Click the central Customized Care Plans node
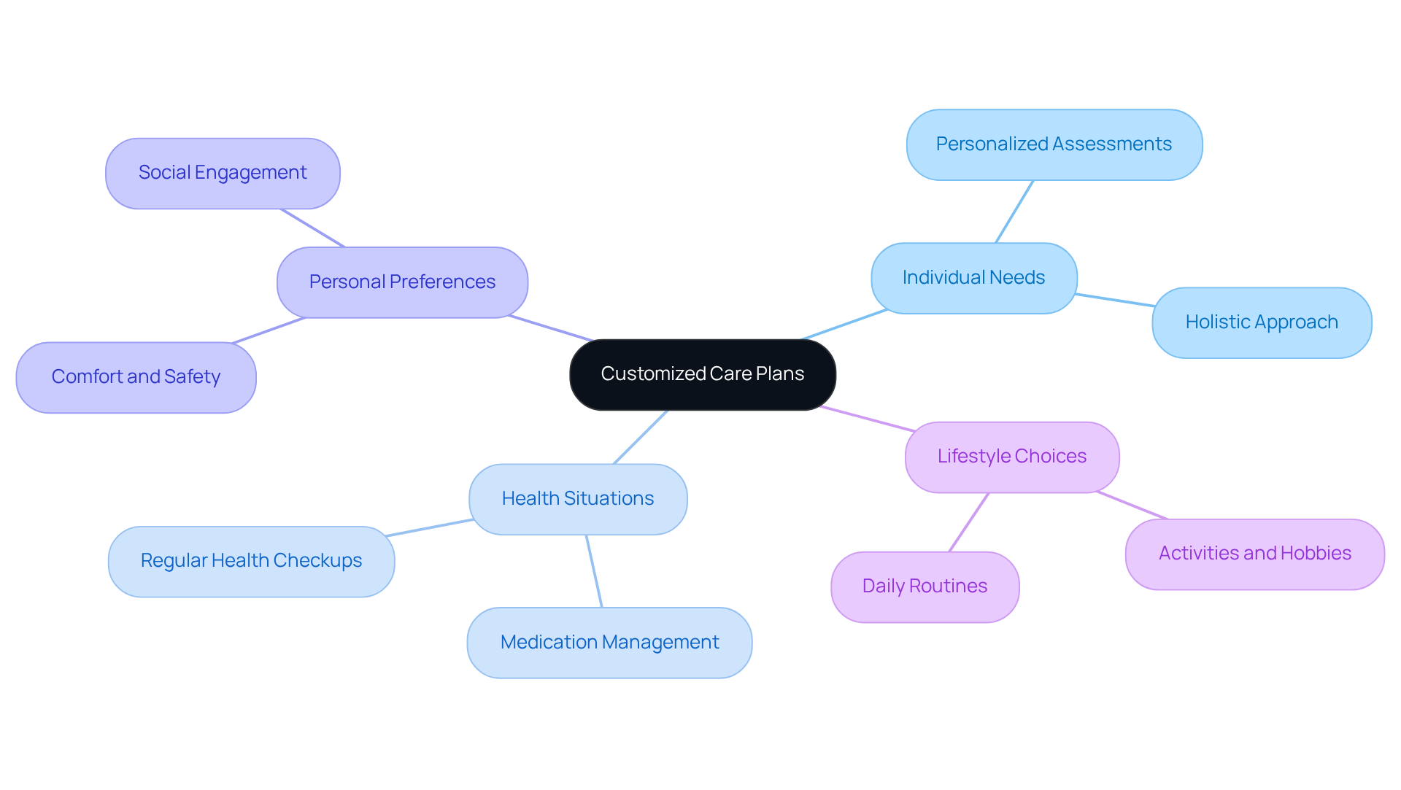pyautogui.click(x=702, y=374)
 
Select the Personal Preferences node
pyautogui.click(x=402, y=282)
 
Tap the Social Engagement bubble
pyautogui.click(x=223, y=174)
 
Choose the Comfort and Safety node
pyautogui.click(x=136, y=377)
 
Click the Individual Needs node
pyautogui.click(x=973, y=278)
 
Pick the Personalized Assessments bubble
pyautogui.click(x=1054, y=144)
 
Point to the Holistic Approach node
pyautogui.click(x=1261, y=322)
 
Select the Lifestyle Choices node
pyautogui.click(x=1011, y=457)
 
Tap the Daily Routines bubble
pyautogui.click(x=925, y=586)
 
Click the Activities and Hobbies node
pyautogui.click(x=1254, y=554)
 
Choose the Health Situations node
pyautogui.click(x=577, y=499)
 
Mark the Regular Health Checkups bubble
pyautogui.click(x=251, y=561)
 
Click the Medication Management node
pyautogui.click(x=609, y=643)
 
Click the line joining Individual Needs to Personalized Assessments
pyautogui.click(x=1014, y=212)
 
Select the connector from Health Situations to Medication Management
pyautogui.click(x=594, y=570)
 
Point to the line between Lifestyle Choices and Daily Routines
pyautogui.click(x=968, y=522)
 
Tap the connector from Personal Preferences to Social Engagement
pyautogui.click(x=312, y=228)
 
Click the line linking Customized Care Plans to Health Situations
pyautogui.click(x=641, y=436)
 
